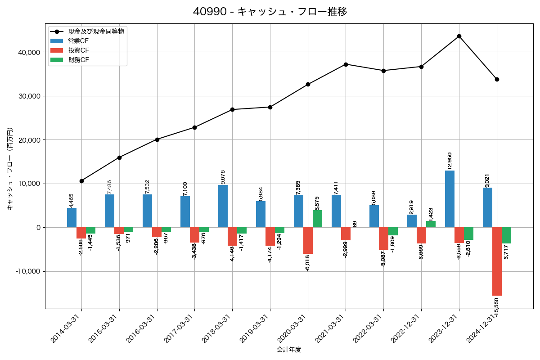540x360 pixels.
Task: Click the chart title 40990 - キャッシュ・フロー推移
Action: [x=270, y=12]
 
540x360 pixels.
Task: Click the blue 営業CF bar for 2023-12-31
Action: [x=450, y=199]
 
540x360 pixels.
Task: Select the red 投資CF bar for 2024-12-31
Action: [x=497, y=261]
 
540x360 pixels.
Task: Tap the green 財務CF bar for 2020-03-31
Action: [x=317, y=219]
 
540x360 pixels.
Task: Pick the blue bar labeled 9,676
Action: [x=223, y=206]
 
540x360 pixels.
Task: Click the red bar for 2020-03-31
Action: [x=308, y=240]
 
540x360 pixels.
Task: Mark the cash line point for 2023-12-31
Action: [x=459, y=36]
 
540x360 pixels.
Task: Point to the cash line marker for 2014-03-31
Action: [x=81, y=181]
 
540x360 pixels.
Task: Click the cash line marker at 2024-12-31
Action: [x=497, y=79]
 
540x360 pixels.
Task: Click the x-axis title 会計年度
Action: [x=289, y=350]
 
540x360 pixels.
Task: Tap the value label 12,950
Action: [x=450, y=161]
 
